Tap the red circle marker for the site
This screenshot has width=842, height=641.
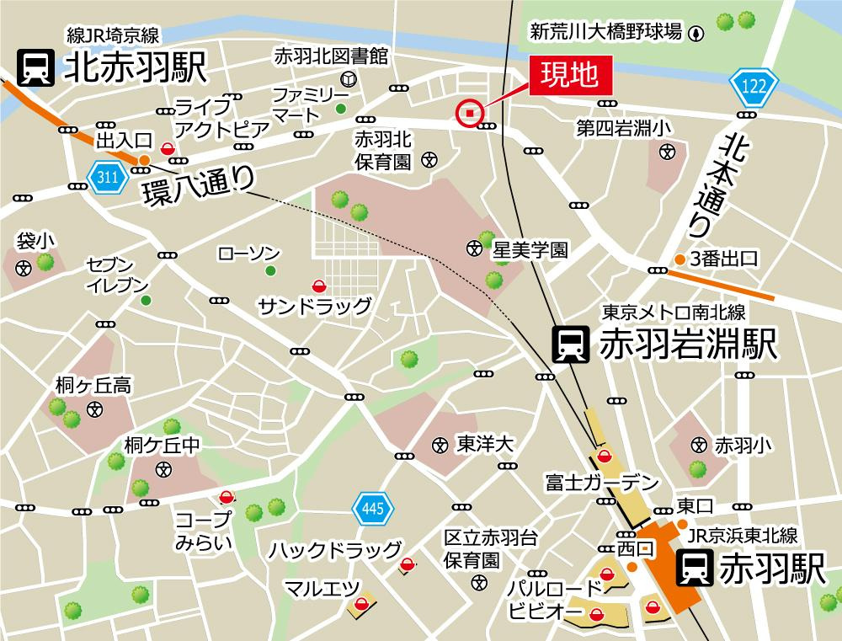[470, 113]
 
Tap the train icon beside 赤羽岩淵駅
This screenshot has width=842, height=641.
[569, 344]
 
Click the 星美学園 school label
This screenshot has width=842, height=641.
[530, 250]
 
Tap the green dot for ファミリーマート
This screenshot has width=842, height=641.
[341, 109]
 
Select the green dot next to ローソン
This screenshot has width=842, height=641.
[270, 270]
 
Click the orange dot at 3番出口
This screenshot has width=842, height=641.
[678, 259]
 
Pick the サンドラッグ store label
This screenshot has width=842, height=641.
[314, 306]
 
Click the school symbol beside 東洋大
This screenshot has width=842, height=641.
[440, 445]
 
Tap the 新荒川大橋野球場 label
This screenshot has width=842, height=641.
[606, 33]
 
